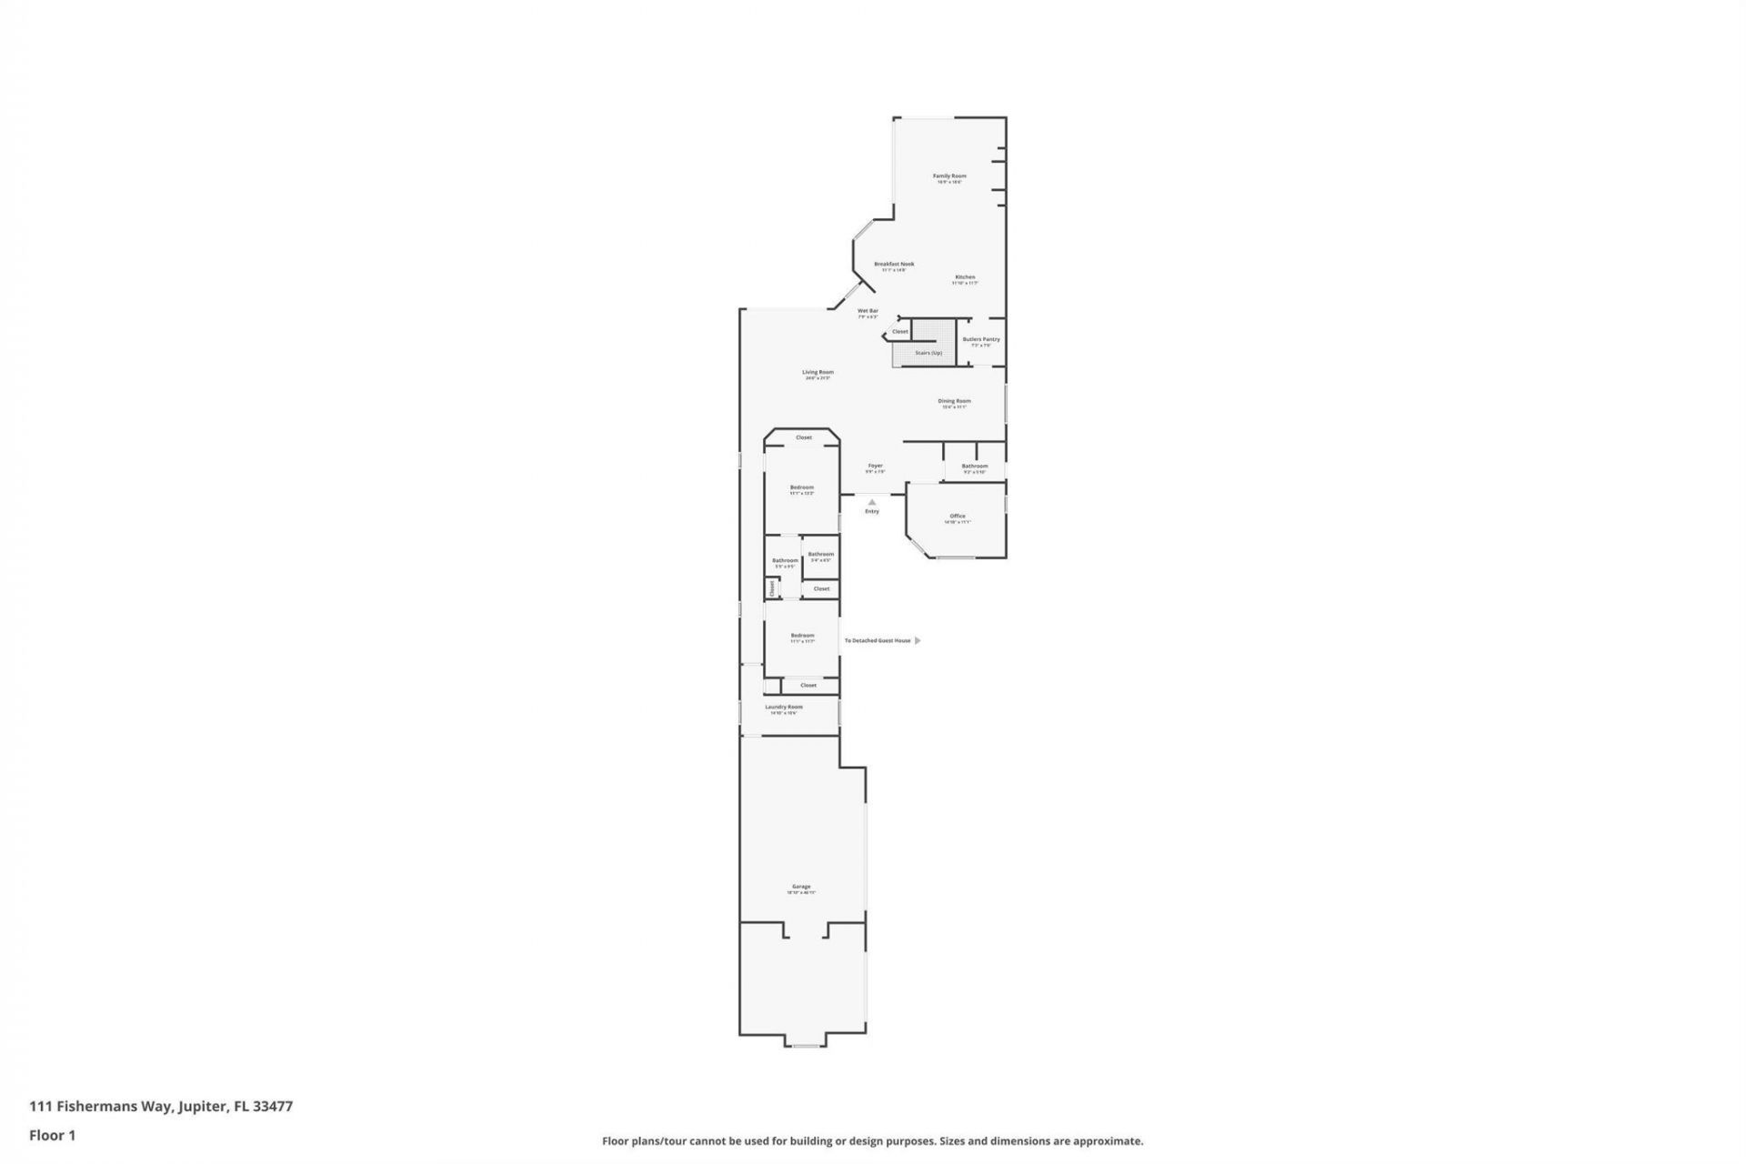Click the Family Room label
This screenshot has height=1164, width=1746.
[x=949, y=176]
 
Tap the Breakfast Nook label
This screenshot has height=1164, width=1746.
[x=894, y=265]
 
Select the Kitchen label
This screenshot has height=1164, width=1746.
[x=965, y=277]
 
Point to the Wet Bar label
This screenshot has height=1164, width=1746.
[x=868, y=311]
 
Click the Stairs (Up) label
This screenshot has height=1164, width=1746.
[x=928, y=353]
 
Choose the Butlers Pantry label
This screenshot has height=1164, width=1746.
[x=981, y=339]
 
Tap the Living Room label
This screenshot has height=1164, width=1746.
[x=818, y=372]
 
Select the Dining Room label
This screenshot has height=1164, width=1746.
[x=954, y=401]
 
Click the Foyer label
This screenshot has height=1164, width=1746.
[x=875, y=466]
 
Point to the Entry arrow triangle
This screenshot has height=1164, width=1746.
[x=872, y=501]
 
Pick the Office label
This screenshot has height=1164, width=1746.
[x=958, y=516]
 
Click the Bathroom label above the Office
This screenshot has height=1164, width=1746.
[x=975, y=466]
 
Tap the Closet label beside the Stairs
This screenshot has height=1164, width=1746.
[x=899, y=332]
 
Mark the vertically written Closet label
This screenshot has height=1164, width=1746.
[x=772, y=587]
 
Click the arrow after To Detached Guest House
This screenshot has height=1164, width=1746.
[x=918, y=640]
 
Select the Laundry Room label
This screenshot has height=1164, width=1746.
[x=783, y=707]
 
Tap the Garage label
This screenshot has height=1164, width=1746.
[x=801, y=887]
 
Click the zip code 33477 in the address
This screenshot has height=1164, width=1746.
[x=273, y=1107]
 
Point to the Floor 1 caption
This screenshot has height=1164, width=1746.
[x=52, y=1135]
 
